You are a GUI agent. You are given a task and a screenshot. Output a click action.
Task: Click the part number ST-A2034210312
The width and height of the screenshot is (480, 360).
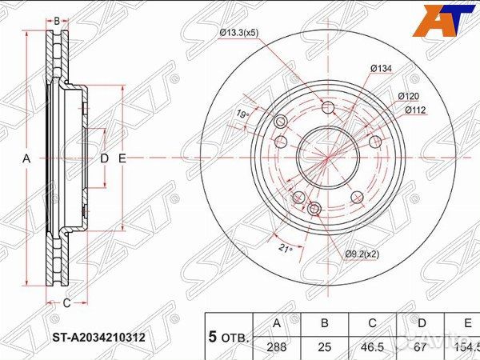[99, 338]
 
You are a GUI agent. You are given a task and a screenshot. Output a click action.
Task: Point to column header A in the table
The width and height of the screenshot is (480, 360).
[277, 324]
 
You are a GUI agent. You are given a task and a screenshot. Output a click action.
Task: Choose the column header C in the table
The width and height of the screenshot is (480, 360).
[371, 324]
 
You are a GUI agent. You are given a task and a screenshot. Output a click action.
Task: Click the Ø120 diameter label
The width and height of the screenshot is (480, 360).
[410, 96]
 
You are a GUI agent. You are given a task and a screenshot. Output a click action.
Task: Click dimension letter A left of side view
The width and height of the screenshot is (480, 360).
[26, 159]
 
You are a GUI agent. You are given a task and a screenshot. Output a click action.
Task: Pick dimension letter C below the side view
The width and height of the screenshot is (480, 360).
[66, 302]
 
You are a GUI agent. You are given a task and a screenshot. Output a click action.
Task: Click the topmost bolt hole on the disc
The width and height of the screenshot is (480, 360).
[328, 109]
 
